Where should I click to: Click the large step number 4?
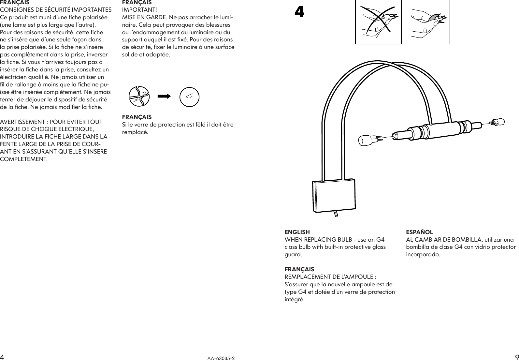point(299,12)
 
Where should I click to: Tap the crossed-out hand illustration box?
point(378,22)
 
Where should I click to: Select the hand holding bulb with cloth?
point(426,22)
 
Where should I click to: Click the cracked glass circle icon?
point(139,97)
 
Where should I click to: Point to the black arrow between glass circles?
point(165,97)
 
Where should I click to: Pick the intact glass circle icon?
point(189,97)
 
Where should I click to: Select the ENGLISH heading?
point(297,232)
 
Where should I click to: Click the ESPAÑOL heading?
point(419,232)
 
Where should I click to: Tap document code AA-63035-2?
point(221,358)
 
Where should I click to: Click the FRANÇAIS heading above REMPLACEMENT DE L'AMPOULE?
point(299,269)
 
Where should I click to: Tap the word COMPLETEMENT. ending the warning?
point(24,159)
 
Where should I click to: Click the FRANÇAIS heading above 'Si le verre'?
point(137,117)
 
